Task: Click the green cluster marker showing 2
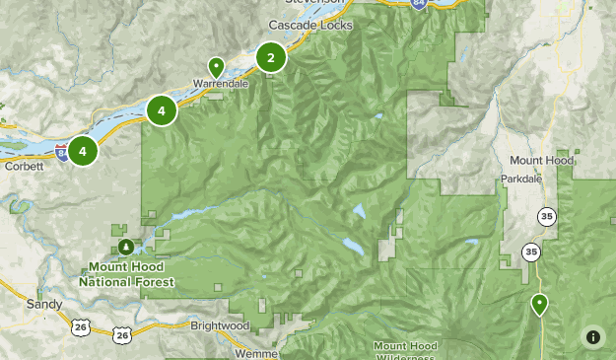tap(271, 58)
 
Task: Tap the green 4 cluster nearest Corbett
tap(83, 151)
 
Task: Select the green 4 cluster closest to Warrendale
tap(162, 110)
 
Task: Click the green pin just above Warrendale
tap(216, 67)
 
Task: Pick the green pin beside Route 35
tap(539, 304)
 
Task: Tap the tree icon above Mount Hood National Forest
tap(124, 246)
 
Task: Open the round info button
tap(592, 336)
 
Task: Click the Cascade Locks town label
tap(306, 24)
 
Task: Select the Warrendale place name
tap(219, 84)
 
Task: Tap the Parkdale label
tap(522, 180)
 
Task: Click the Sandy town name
tap(44, 305)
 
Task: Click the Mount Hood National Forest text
tap(131, 274)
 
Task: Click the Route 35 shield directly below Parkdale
tap(545, 215)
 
